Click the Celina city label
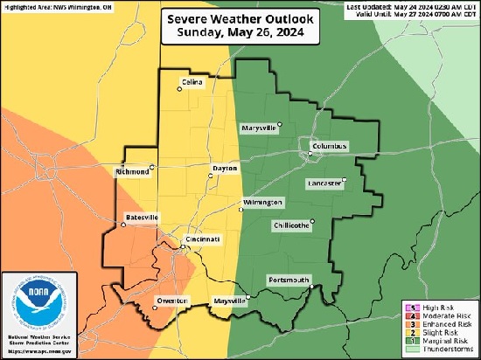(192, 82)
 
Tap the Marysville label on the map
(259, 128)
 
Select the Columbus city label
(329, 145)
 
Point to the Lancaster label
(324, 183)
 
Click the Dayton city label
(225, 168)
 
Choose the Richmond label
(132, 172)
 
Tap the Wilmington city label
(263, 202)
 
